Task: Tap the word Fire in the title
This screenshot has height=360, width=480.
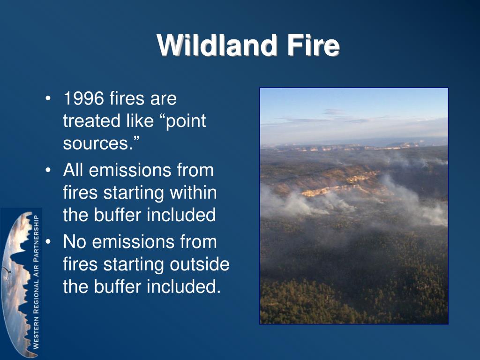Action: [x=313, y=45]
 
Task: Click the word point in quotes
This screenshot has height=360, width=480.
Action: [x=186, y=121]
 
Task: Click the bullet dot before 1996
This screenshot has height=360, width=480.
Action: [x=48, y=98]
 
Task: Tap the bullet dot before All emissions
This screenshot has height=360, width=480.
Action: [x=48, y=170]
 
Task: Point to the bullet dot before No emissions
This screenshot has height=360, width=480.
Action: [x=48, y=242]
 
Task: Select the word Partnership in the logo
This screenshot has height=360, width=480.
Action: [x=36, y=238]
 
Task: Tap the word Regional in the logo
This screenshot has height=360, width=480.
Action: [x=36, y=296]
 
